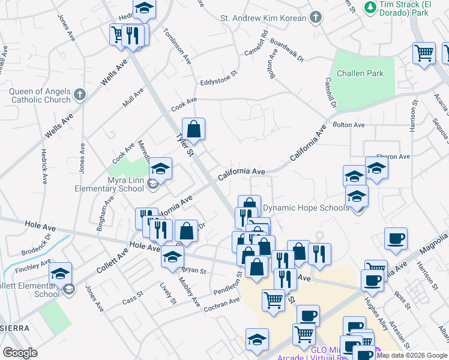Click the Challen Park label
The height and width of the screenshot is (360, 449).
click(360, 74)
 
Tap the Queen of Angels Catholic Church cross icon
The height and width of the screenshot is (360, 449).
click(80, 94)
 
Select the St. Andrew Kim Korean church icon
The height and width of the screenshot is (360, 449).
click(316, 18)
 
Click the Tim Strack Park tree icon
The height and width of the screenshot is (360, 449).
click(370, 7)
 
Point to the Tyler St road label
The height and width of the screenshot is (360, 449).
click(184, 145)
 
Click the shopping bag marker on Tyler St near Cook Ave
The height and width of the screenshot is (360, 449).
click(194, 129)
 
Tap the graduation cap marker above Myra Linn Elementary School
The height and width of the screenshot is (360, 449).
click(160, 169)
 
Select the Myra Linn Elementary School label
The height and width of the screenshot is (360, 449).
click(109, 184)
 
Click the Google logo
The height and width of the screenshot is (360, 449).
click(20, 353)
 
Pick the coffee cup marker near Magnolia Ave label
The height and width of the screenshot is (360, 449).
click(396, 239)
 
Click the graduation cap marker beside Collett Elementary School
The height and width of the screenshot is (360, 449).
click(61, 274)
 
